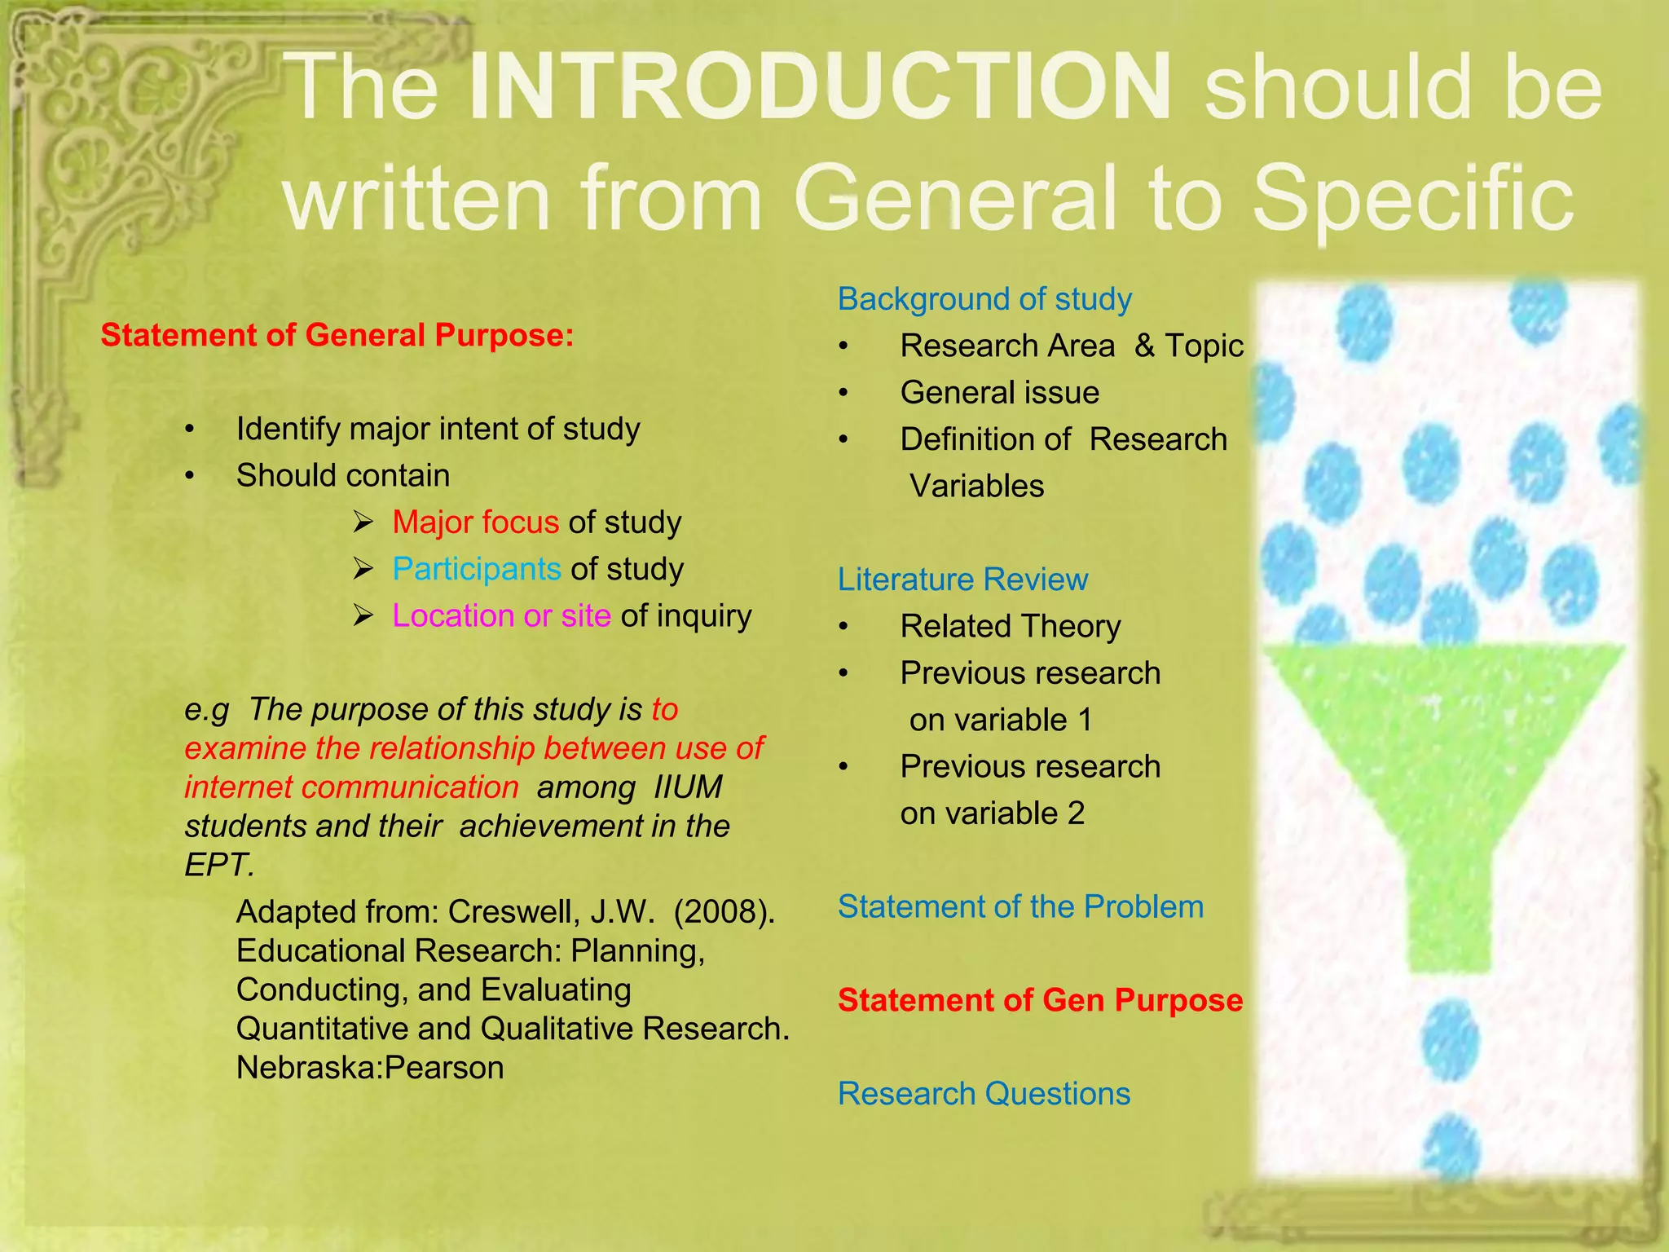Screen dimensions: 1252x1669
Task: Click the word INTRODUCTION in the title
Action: [x=820, y=88]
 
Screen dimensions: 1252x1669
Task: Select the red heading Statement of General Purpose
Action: [x=337, y=335]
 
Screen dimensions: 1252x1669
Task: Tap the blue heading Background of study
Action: [x=984, y=299]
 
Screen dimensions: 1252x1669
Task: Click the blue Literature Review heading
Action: [x=962, y=580]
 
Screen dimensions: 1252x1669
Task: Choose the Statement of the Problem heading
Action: [x=1020, y=906]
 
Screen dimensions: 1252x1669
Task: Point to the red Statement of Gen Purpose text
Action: [x=1040, y=1000]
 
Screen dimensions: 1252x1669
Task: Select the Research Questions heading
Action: [x=984, y=1094]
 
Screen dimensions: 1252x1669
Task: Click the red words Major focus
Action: [x=475, y=522]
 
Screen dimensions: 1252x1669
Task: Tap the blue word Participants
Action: [x=477, y=569]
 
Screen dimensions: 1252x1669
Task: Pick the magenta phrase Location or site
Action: [x=501, y=615]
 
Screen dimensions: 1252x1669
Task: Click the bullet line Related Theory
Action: [x=1011, y=626]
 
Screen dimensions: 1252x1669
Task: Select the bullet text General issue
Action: [x=999, y=393]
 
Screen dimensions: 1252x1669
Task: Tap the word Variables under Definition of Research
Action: [x=976, y=486]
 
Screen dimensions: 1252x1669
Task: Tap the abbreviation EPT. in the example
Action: [x=219, y=865]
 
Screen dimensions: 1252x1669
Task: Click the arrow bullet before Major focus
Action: [x=363, y=522]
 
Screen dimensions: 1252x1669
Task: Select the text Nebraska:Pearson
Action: [x=370, y=1068]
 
